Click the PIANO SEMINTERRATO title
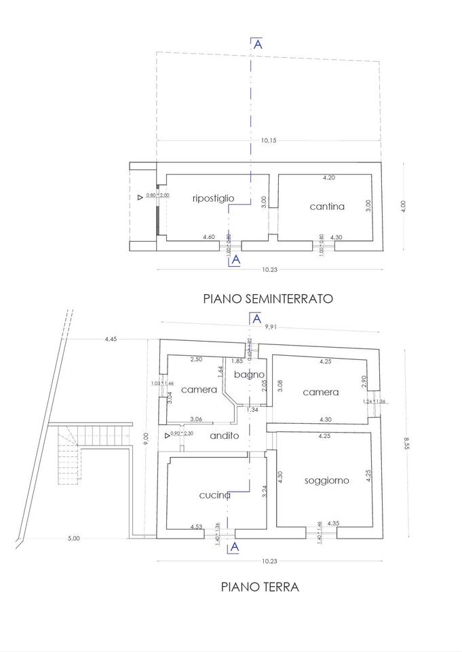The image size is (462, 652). tap(268, 297)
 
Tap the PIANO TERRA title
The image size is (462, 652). tap(260, 586)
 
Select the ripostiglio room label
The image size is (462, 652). tap(214, 198)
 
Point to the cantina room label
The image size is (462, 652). tap(327, 206)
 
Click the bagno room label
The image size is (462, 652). tap(249, 374)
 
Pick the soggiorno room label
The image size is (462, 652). tap(326, 480)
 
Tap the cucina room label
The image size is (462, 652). tap(215, 495)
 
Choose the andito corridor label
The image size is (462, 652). tap(224, 435)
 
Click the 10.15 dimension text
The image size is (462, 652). tap(269, 141)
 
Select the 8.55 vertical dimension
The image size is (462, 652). tap(406, 442)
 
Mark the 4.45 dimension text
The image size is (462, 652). tap(112, 339)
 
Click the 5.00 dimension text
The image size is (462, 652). tap(74, 539)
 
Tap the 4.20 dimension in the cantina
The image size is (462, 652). tap(328, 178)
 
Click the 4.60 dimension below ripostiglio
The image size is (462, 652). tap(209, 237)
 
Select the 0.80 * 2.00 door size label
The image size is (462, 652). tap(157, 196)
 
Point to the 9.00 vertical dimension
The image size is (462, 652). tap(145, 439)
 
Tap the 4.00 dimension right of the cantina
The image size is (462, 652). tap(402, 204)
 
